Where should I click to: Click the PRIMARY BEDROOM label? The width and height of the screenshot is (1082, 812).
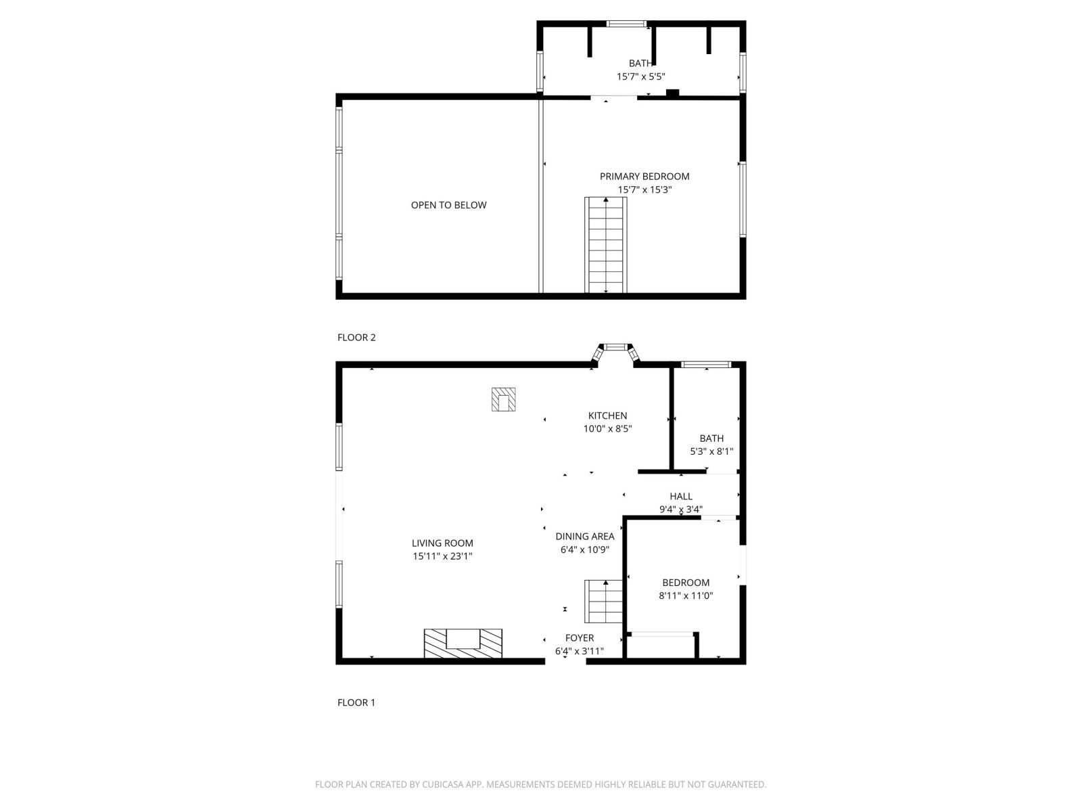pos(644,177)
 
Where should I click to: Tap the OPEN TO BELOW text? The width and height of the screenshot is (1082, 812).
pos(448,205)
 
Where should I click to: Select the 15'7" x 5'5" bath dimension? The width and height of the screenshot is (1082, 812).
pos(640,77)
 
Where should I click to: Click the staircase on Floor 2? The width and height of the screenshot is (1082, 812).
pos(605,245)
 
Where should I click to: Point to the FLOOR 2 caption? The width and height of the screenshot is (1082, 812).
pos(356,338)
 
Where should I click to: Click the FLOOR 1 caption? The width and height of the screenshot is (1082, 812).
pos(356,702)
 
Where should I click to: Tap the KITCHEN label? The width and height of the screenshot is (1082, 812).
pos(607,416)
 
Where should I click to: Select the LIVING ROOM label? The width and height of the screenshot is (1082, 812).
pos(442,543)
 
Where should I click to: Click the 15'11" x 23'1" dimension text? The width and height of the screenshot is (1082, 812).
pos(442,557)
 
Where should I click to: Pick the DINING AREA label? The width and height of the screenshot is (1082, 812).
pos(585,537)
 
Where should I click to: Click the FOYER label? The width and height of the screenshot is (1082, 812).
pos(580,638)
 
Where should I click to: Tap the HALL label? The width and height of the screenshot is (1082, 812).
pos(680,497)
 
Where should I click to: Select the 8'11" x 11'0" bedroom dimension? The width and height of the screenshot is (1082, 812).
pos(686,596)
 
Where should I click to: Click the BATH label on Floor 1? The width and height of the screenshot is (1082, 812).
pos(711,438)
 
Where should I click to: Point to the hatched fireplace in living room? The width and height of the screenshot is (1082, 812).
pos(463,644)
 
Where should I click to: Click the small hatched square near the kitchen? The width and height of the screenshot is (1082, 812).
pos(503,399)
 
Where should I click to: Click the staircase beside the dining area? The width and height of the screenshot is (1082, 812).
pos(603,602)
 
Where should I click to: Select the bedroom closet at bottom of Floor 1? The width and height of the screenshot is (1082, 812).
pos(661,646)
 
